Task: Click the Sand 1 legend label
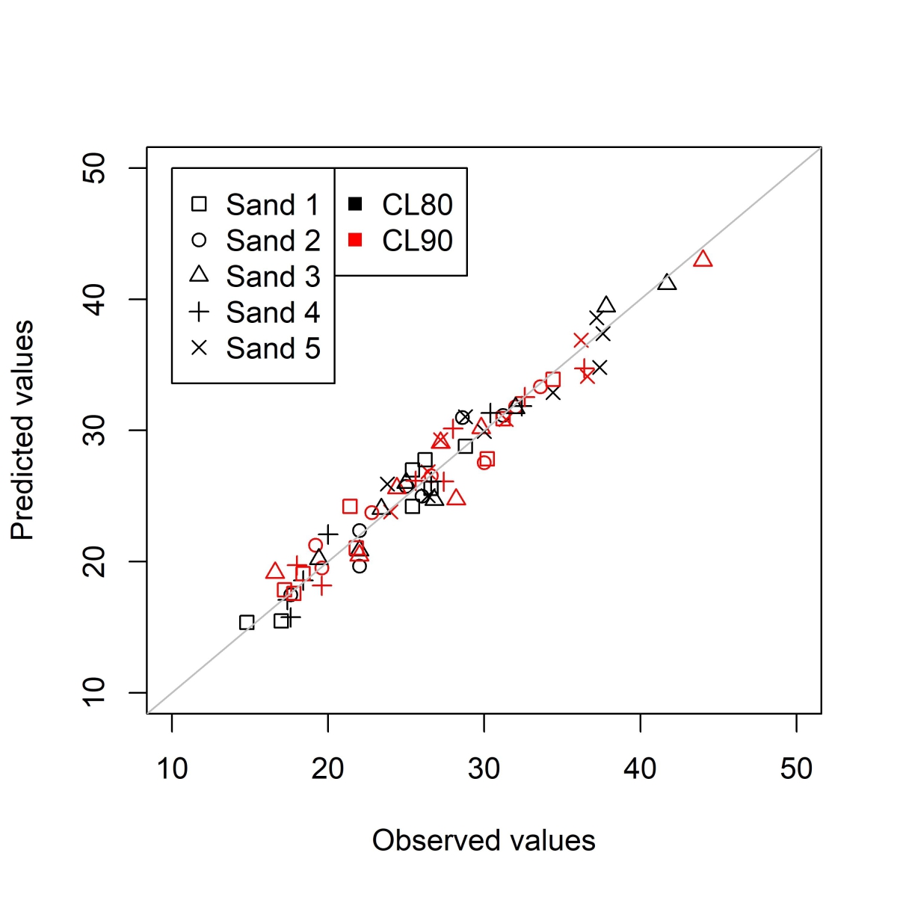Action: (x=273, y=205)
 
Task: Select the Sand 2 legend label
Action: (x=273, y=241)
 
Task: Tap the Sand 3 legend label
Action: (x=273, y=277)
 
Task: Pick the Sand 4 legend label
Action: (x=273, y=312)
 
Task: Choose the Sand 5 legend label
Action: (x=273, y=348)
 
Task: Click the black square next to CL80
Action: (x=356, y=204)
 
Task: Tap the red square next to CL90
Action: (x=356, y=240)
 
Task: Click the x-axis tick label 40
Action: (x=641, y=768)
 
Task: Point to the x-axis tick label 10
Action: (x=172, y=768)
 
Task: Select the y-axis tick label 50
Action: (x=96, y=168)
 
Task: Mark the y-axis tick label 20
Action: (x=96, y=561)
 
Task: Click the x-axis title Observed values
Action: (x=484, y=841)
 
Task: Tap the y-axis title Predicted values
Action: (x=23, y=430)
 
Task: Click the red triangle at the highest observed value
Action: (x=703, y=259)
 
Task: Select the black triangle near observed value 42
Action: (x=668, y=283)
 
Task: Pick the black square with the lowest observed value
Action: (x=247, y=623)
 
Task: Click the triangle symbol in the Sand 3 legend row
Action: (x=199, y=275)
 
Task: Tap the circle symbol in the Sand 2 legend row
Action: (x=199, y=240)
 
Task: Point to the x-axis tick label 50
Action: (x=796, y=768)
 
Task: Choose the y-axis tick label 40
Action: (x=96, y=299)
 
